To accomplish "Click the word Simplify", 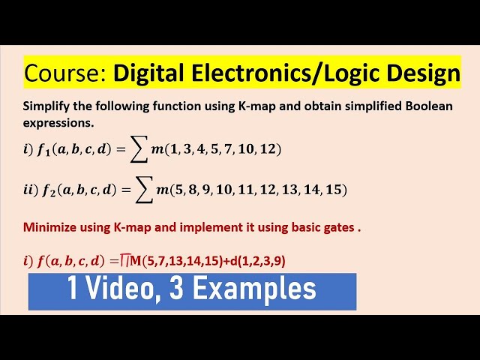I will coord(46,106).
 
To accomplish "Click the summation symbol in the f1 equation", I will coord(140,150).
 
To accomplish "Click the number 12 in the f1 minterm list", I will coord(267,148).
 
